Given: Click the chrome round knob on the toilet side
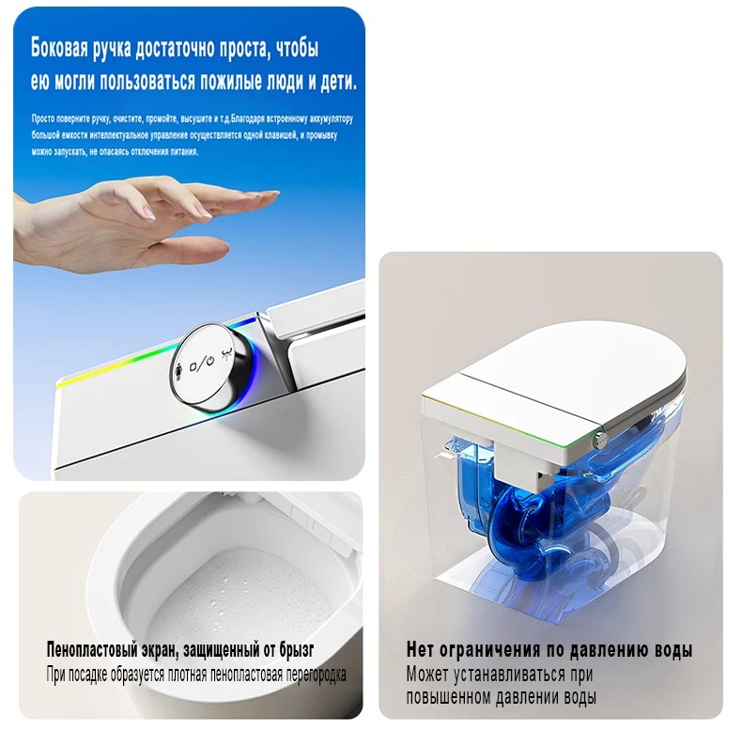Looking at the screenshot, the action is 210,366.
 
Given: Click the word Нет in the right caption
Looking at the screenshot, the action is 420,649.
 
